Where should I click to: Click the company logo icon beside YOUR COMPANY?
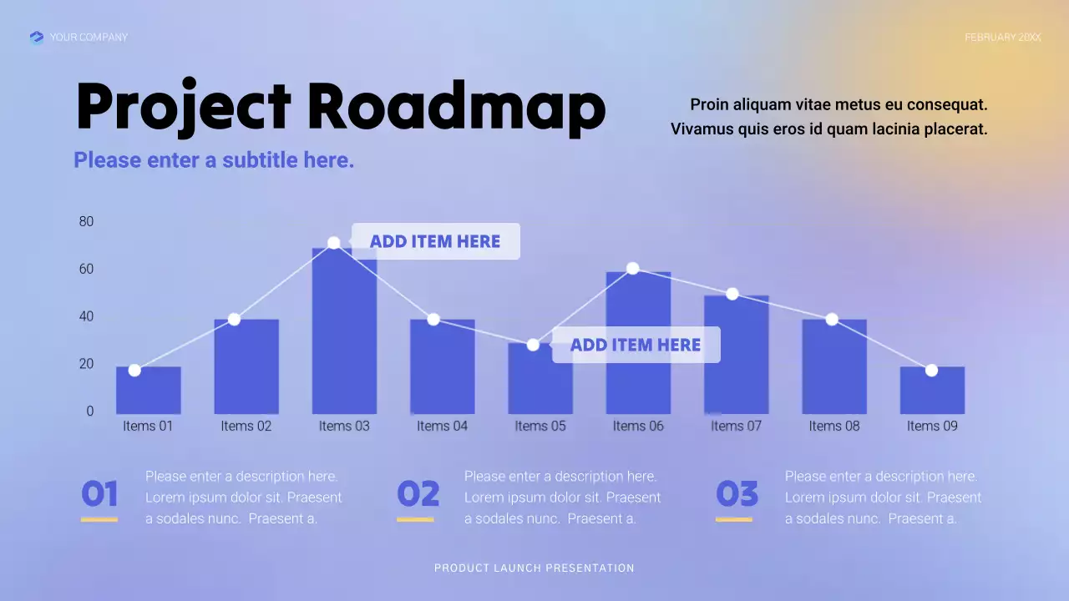coord(36,37)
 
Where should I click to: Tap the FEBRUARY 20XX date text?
coord(1002,38)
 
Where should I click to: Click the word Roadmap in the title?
coord(456,107)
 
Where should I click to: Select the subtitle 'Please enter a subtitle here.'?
coord(214,160)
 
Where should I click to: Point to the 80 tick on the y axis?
coord(86,221)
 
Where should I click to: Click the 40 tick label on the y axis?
coord(86,316)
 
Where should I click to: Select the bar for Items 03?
coord(344,334)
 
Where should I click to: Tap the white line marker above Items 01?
coord(134,370)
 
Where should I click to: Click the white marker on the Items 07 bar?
coord(732,294)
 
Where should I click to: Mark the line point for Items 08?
coord(832,320)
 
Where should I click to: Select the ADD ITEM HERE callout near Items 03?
coord(435,241)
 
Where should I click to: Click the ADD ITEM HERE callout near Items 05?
coord(636,345)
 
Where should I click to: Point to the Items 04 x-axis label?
coord(442,426)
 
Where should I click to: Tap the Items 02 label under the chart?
coord(246,426)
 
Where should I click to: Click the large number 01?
coord(99,494)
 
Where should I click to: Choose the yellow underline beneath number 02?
coord(415,519)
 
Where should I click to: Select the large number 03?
coord(737,494)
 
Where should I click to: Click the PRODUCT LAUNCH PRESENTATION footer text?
coord(534,568)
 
